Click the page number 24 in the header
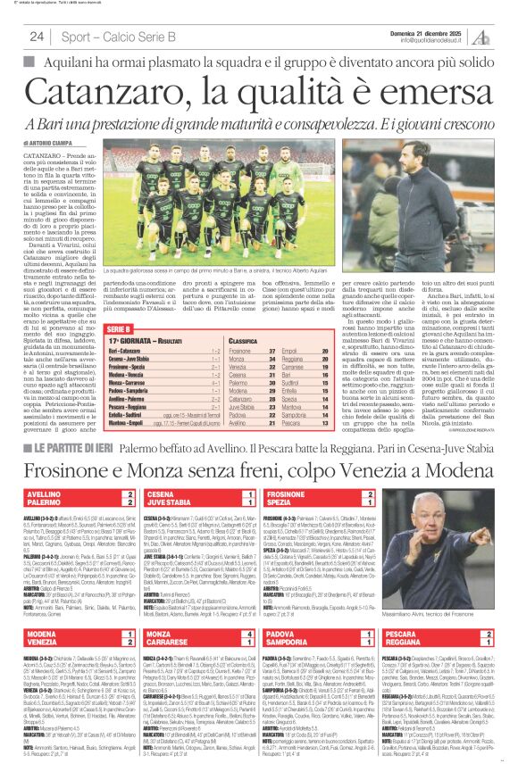(x=37, y=37)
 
